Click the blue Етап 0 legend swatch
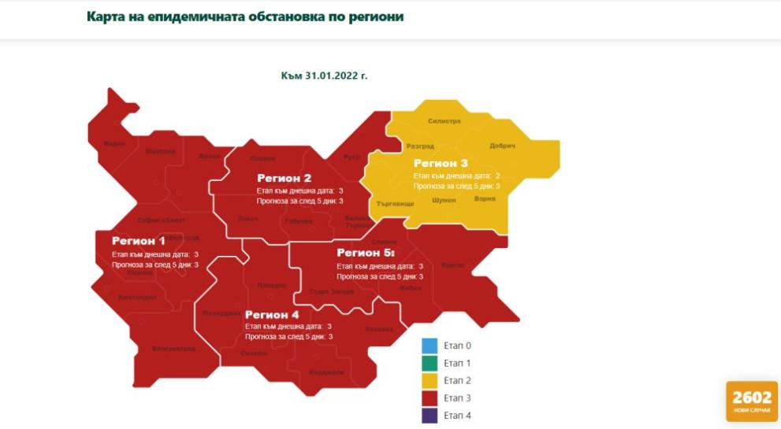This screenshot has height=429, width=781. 430,346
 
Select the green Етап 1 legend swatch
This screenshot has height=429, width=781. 430,363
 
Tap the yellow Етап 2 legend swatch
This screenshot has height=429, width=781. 430,380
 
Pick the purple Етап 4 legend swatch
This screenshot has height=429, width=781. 430,415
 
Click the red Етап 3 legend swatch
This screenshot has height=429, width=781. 430,398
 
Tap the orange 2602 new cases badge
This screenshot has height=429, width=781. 751,401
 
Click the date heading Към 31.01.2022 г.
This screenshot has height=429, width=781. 324,76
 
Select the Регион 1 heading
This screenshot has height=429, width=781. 139,241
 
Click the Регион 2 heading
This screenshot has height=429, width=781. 284,178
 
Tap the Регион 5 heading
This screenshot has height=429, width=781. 365,253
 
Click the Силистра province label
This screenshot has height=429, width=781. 444,121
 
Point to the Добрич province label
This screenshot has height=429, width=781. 502,146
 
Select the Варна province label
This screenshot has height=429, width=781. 485,199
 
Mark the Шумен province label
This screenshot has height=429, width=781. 444,200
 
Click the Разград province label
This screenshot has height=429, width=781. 420,146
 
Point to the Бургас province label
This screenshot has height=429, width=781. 453,265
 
